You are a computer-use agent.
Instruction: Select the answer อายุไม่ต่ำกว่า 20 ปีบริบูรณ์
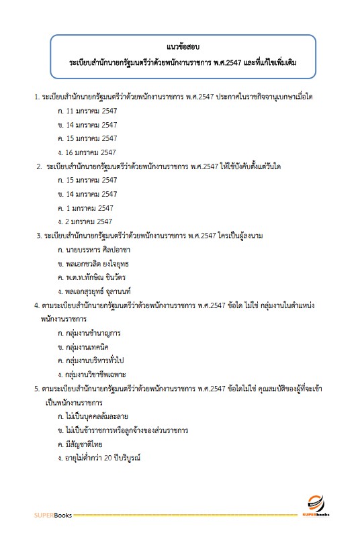point(103,458)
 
